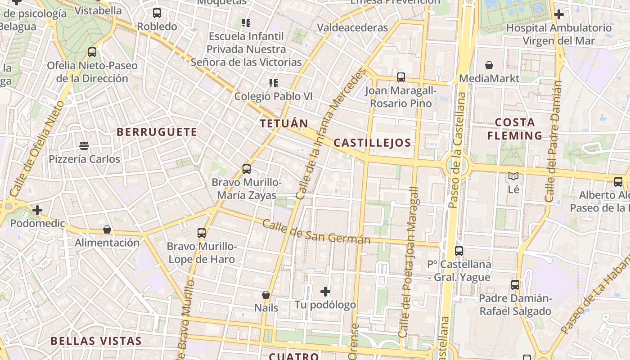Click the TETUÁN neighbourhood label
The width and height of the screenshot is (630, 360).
click(x=284, y=123)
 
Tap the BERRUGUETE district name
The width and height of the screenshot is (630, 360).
click(x=157, y=132)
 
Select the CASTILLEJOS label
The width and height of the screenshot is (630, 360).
click(x=372, y=143)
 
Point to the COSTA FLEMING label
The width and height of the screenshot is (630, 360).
click(x=515, y=129)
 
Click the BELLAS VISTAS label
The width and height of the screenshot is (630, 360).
click(x=96, y=341)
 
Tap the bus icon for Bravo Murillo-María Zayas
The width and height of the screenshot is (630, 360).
click(x=247, y=169)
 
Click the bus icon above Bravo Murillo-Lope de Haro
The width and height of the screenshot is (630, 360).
click(x=202, y=233)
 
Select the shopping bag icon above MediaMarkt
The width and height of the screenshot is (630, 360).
click(x=489, y=65)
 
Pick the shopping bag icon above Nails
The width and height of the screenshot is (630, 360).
click(x=266, y=295)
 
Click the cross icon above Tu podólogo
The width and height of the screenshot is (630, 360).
click(x=325, y=292)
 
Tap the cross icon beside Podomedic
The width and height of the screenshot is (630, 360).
click(x=37, y=210)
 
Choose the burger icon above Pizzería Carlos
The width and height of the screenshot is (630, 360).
click(x=84, y=145)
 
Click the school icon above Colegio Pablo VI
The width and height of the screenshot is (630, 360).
click(x=273, y=83)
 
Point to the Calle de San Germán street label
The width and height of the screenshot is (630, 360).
click(x=316, y=231)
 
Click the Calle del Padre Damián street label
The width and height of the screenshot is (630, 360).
click(x=553, y=141)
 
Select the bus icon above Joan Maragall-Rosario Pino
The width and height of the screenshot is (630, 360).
click(x=400, y=77)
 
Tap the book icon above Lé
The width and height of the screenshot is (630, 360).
click(x=513, y=176)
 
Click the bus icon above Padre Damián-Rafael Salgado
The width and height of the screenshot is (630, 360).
click(x=515, y=285)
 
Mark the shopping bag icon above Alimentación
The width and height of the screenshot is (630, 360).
click(x=107, y=229)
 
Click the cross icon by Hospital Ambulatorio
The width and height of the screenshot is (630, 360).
click(x=558, y=14)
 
